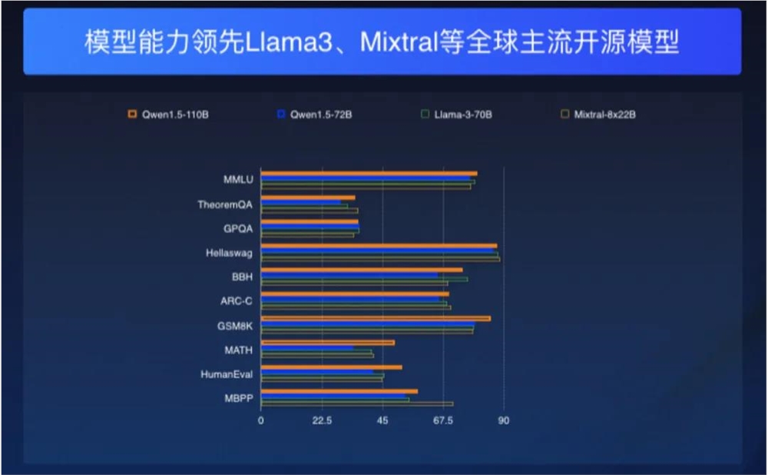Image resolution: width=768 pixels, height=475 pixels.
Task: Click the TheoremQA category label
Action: pos(224,204)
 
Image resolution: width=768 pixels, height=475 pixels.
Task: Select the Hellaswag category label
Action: pos(229,252)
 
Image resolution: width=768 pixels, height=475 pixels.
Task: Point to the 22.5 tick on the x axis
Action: pos(322,420)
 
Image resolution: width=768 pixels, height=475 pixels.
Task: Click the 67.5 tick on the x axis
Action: pos(443,420)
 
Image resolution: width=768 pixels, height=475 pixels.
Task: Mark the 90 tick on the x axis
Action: pos(504,420)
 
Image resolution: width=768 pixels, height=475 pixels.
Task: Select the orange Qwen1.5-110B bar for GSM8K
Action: pos(376,318)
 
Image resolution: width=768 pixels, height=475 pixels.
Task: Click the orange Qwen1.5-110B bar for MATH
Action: pos(328,342)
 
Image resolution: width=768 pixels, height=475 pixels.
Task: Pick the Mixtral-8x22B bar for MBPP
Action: pos(357,404)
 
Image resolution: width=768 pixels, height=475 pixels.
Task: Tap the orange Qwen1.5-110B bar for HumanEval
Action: pos(331,367)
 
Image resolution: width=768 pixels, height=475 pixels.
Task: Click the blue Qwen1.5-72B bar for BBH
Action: pos(349,274)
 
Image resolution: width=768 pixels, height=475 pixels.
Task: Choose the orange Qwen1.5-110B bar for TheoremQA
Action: pos(308,198)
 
